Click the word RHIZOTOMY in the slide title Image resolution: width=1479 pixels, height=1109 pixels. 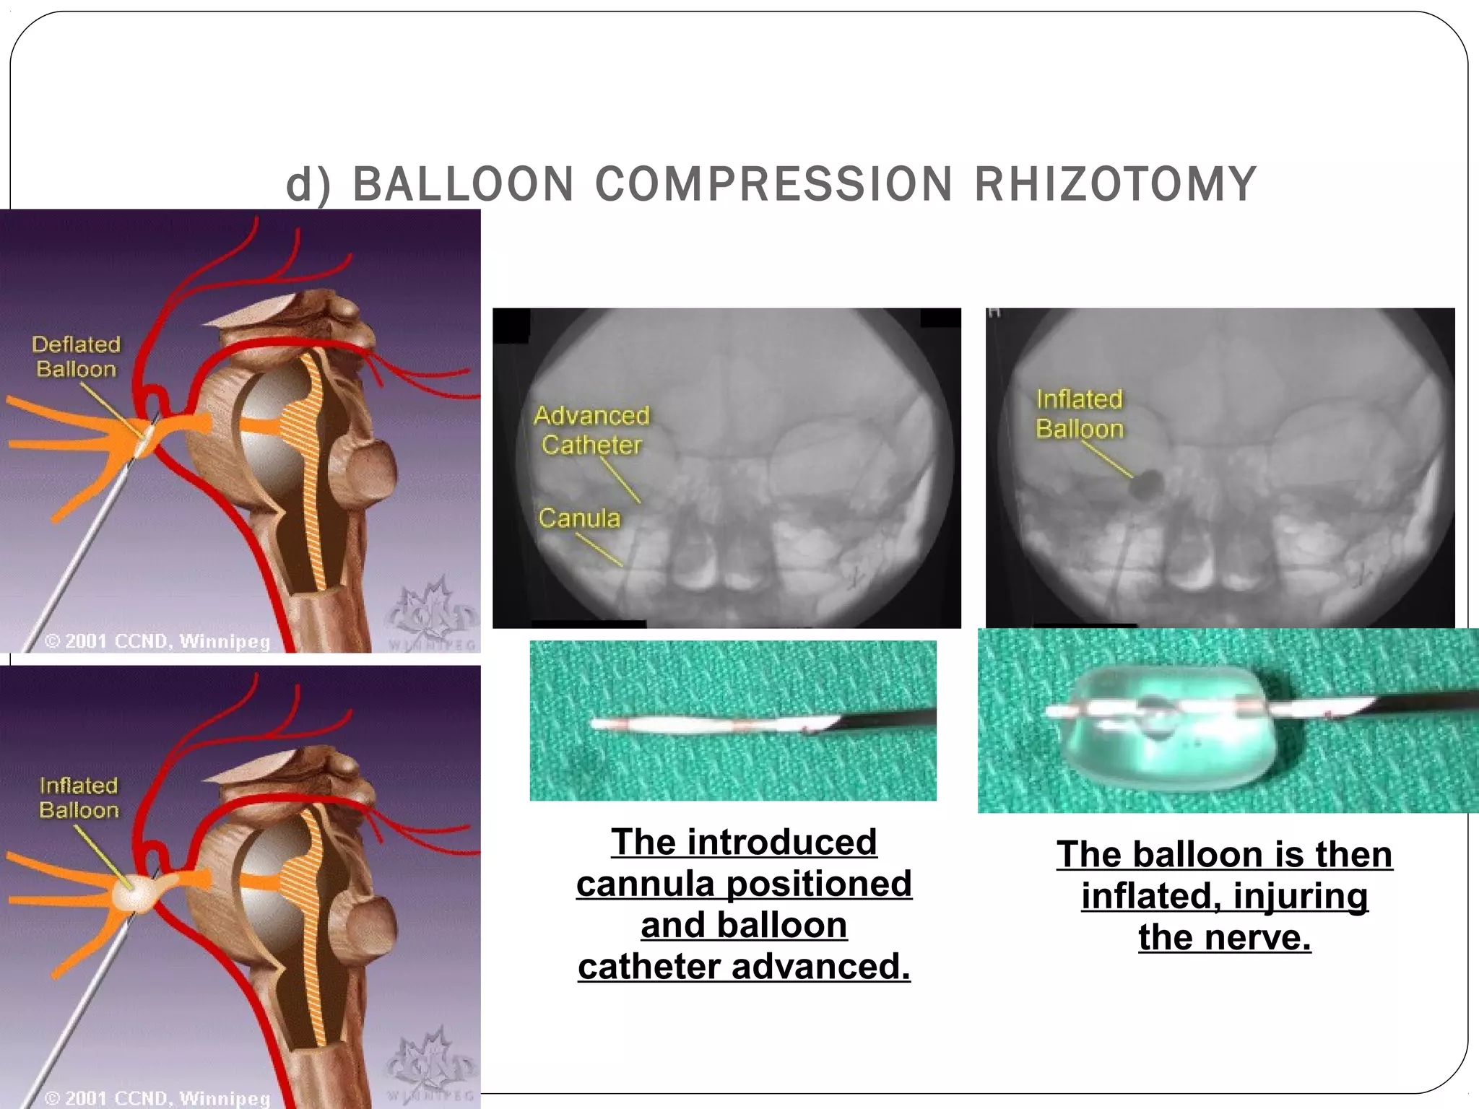point(1116,184)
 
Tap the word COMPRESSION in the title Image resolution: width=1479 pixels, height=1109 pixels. point(773,184)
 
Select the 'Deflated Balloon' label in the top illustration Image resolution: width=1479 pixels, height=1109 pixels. point(76,357)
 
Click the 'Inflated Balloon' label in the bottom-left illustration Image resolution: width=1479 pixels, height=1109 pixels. point(79,798)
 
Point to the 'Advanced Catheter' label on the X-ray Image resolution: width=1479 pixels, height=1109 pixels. point(591,430)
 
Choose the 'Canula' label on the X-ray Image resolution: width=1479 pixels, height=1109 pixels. point(579,518)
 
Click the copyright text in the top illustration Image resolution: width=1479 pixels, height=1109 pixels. point(157,641)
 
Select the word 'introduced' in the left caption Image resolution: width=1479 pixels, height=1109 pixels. point(782,843)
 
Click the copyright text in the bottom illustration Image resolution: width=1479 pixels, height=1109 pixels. point(157,1098)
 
